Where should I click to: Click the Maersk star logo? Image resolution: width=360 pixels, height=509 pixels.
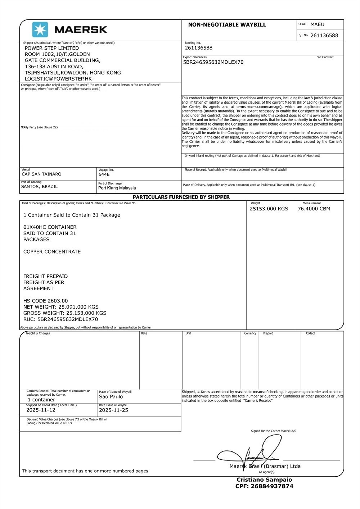tap(40, 29)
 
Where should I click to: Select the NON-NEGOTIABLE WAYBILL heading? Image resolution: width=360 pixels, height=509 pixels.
tap(227, 25)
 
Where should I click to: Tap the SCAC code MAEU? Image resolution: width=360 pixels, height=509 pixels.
tap(317, 24)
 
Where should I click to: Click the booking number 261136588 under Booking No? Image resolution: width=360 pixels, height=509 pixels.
tap(198, 48)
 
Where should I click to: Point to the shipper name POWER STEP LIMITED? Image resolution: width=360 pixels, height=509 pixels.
tap(51, 48)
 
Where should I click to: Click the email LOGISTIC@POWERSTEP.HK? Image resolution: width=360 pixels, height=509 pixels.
tap(58, 79)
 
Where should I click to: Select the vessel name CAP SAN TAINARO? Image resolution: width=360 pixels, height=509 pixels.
tap(41, 174)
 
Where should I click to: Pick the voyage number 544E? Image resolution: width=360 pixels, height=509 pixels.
tap(104, 174)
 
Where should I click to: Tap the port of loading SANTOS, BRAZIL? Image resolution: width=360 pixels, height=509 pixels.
tap(39, 187)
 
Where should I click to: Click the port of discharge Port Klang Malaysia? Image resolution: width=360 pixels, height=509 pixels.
tap(117, 188)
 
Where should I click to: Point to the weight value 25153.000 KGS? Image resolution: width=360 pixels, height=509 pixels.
tap(269, 209)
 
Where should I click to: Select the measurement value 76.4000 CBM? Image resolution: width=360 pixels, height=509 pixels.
tap(314, 209)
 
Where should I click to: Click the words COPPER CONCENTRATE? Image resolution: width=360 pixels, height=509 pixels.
tap(52, 252)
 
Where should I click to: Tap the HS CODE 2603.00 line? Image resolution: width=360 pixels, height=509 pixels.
tap(45, 301)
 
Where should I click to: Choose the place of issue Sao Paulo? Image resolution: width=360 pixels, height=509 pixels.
tap(111, 397)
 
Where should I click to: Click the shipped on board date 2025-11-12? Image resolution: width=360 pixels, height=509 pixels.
tap(41, 410)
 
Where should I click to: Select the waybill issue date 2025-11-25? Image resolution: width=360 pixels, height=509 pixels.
tap(113, 410)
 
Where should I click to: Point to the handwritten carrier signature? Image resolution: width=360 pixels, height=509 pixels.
tap(252, 453)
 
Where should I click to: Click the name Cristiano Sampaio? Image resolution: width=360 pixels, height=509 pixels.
tap(264, 480)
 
